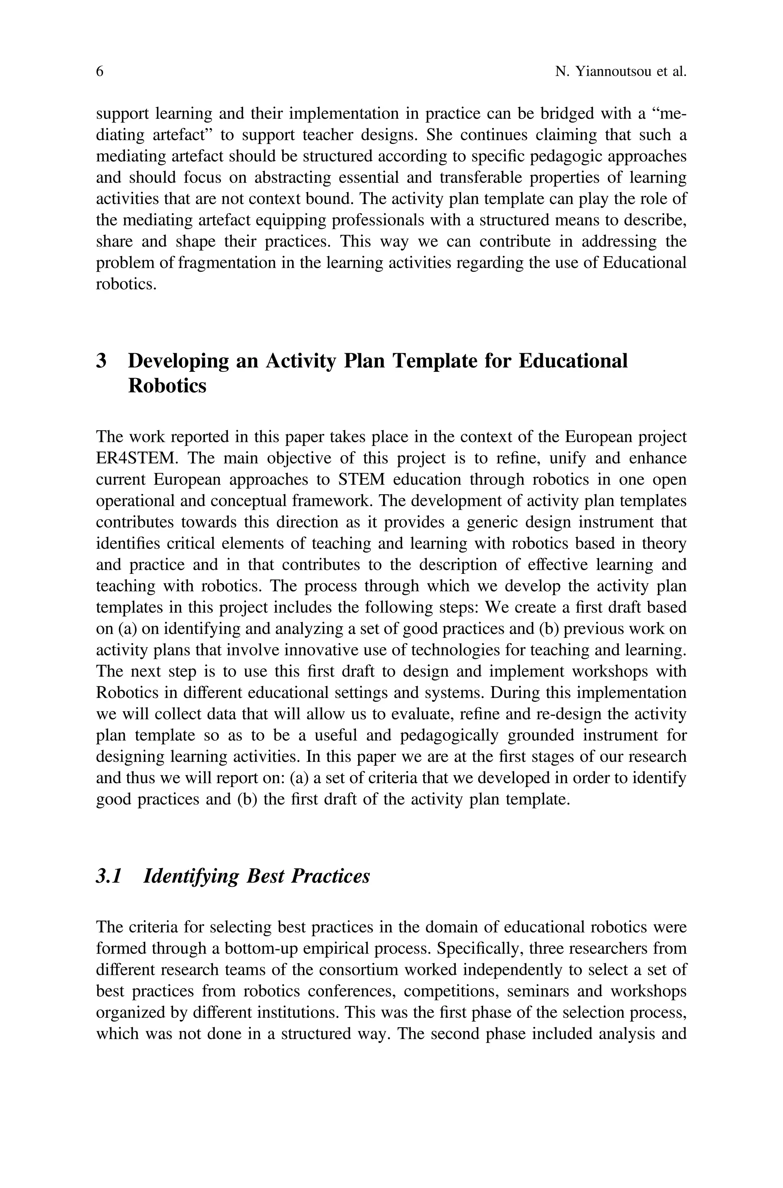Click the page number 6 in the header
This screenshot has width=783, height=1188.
click(x=99, y=72)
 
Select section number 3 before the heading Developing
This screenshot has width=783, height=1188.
click(x=101, y=361)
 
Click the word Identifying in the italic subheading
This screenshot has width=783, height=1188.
click(x=191, y=876)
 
